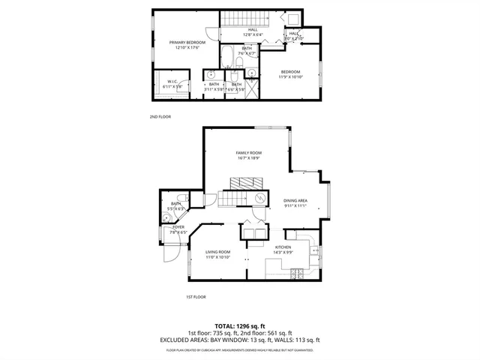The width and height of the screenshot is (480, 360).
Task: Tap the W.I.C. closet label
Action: tap(172, 81)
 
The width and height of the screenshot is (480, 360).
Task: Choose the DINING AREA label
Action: tap(295, 200)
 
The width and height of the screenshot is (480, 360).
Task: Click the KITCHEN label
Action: tap(282, 247)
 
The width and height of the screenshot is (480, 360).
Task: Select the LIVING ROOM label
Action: tap(218, 251)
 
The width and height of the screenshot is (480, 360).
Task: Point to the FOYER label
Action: tap(178, 226)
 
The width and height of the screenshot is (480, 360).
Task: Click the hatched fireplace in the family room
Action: tap(247, 183)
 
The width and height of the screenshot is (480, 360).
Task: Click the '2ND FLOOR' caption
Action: tap(160, 117)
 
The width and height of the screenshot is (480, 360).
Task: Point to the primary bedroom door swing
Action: tap(212, 34)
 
